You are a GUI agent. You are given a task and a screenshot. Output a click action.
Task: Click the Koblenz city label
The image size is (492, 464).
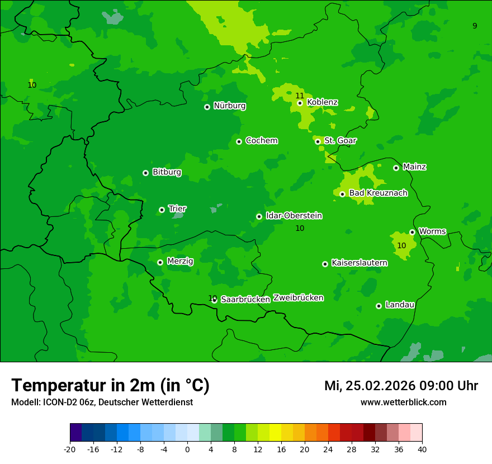[322, 102]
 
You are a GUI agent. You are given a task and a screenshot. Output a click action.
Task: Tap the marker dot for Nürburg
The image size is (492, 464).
[207, 107]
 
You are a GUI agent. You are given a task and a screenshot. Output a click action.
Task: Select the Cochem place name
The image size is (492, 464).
[261, 141]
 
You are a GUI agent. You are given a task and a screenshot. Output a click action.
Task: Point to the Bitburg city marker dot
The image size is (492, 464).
[145, 173]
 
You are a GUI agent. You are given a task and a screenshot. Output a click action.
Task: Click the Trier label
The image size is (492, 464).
[177, 209]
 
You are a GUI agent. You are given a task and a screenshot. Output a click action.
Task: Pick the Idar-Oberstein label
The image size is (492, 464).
[294, 216]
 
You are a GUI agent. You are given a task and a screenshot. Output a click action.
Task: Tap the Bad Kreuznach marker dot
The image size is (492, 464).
[342, 194]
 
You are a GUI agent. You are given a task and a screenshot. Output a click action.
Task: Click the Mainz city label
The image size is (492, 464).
[414, 167]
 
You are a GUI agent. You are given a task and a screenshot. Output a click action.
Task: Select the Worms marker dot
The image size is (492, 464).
[412, 232]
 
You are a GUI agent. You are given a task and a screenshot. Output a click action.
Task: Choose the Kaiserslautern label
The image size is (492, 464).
[359, 263]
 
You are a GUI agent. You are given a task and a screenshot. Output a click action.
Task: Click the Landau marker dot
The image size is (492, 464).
[379, 306]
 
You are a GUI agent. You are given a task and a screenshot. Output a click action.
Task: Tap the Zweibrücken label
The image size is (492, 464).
[298, 298]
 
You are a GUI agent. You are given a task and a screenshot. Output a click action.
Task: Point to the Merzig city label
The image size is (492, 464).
[180, 261]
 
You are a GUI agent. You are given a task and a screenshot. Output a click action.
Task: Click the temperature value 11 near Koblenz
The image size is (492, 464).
[300, 96]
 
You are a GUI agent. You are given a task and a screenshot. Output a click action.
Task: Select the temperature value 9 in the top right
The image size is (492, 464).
[475, 26]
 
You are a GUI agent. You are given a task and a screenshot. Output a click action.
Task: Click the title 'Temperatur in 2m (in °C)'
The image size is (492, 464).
[110, 385]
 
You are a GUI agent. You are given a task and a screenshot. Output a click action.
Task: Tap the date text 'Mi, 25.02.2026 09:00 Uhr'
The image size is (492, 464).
[401, 386]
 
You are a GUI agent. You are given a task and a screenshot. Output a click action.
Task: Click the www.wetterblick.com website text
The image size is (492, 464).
[403, 402]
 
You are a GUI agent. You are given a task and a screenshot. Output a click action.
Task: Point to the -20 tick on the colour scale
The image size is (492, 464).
[70, 449]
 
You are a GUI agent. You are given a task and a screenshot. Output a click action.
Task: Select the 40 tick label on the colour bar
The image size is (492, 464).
[422, 449]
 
